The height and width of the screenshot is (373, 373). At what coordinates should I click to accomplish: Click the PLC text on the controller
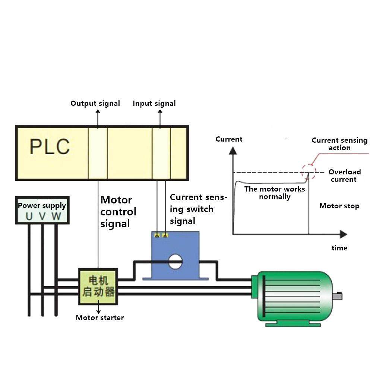pyautogui.click(x=50, y=146)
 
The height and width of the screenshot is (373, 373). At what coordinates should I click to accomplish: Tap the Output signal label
pyautogui.click(x=95, y=104)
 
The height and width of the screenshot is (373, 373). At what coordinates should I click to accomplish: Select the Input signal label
pyautogui.click(x=154, y=104)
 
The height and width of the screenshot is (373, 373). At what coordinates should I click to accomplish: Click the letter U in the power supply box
pyautogui.click(x=29, y=216)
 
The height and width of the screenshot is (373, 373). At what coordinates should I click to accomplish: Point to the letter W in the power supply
pyautogui.click(x=56, y=216)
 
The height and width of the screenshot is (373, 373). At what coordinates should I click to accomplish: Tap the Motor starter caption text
pyautogui.click(x=99, y=318)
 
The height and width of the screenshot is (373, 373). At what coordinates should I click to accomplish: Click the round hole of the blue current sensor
pyautogui.click(x=175, y=261)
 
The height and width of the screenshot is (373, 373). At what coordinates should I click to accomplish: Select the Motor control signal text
pyautogui.click(x=118, y=212)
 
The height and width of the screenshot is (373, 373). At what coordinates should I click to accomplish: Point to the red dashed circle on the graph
pyautogui.click(x=308, y=172)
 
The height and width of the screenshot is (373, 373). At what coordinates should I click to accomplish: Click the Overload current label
pyautogui.click(x=344, y=176)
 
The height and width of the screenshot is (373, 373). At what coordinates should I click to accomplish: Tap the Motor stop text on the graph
pyautogui.click(x=339, y=206)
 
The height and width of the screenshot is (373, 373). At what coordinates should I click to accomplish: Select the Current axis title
pyautogui.click(x=229, y=139)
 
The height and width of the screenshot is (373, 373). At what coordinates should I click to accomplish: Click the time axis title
pyautogui.click(x=339, y=248)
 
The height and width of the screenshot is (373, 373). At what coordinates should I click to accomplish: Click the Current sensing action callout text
pyautogui.click(x=339, y=144)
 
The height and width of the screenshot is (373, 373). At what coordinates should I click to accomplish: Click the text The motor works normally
pyautogui.click(x=275, y=193)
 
